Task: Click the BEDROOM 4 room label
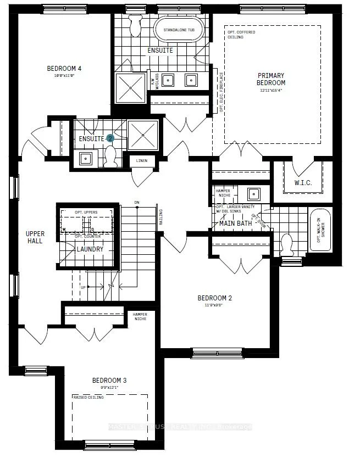64,69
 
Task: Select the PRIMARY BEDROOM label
272,79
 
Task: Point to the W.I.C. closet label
302,183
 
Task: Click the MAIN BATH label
236,223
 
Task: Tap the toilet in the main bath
286,242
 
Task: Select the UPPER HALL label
36,237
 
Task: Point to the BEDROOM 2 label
215,298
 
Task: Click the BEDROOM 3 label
109,381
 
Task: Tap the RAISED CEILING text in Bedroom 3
87,396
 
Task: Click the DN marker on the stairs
137,203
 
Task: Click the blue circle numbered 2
110,139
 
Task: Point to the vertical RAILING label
160,217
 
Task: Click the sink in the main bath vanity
254,193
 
